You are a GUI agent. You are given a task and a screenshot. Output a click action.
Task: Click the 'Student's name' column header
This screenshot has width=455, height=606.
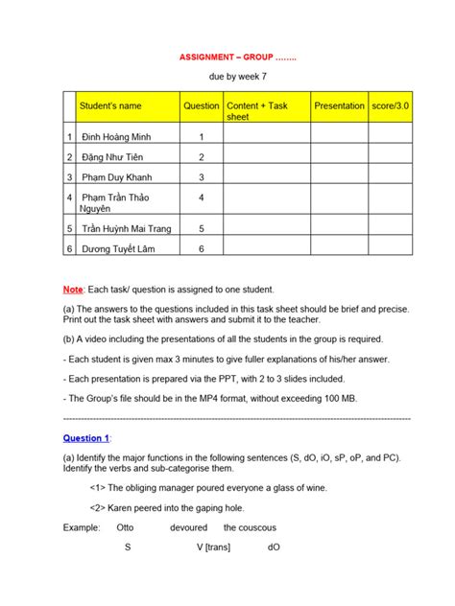pos(111,106)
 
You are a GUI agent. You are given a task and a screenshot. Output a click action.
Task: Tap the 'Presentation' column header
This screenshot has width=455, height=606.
pos(339,106)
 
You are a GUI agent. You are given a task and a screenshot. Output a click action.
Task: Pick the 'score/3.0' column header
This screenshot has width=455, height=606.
pos(390,106)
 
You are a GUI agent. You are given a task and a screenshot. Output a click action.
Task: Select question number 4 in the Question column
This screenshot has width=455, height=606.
pos(202,198)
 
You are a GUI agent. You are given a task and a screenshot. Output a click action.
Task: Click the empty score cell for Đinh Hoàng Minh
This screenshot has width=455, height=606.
pos(390,137)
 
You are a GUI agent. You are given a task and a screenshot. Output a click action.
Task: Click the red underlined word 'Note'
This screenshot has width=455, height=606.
pos(73,290)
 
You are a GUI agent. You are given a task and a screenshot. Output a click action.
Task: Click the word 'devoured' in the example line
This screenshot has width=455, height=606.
pos(187,527)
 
